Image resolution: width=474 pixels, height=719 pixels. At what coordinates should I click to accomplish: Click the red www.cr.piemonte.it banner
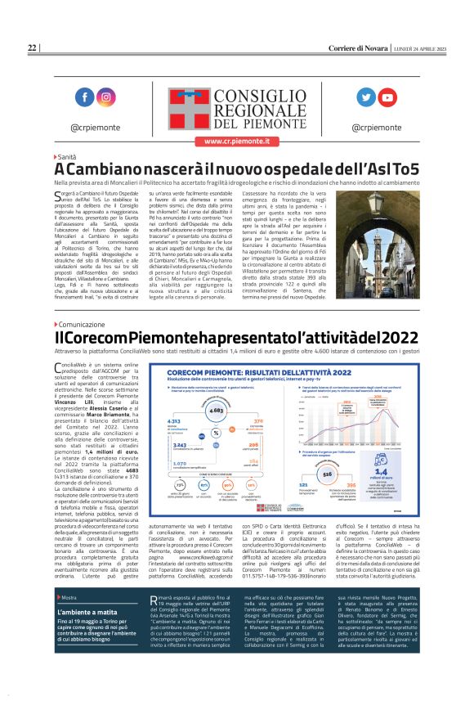[x=236, y=141]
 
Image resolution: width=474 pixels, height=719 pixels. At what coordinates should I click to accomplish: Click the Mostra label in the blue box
[x=69, y=643]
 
